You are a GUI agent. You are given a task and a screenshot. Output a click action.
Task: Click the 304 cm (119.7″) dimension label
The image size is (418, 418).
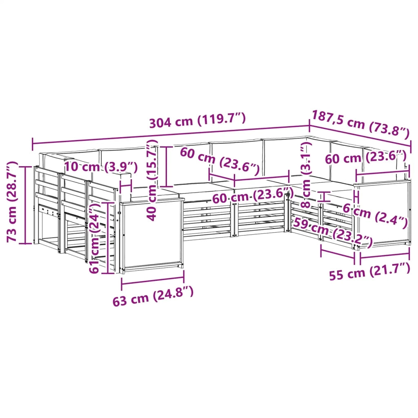coord(197,120)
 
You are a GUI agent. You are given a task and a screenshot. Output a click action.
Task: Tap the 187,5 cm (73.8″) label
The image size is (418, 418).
coord(360,125)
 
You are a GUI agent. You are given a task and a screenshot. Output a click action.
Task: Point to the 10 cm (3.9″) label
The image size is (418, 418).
coord(101,167)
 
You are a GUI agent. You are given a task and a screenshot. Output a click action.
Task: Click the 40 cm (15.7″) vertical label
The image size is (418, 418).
coord(152,181)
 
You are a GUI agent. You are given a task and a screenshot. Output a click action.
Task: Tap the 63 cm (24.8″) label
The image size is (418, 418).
coord(153,296)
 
